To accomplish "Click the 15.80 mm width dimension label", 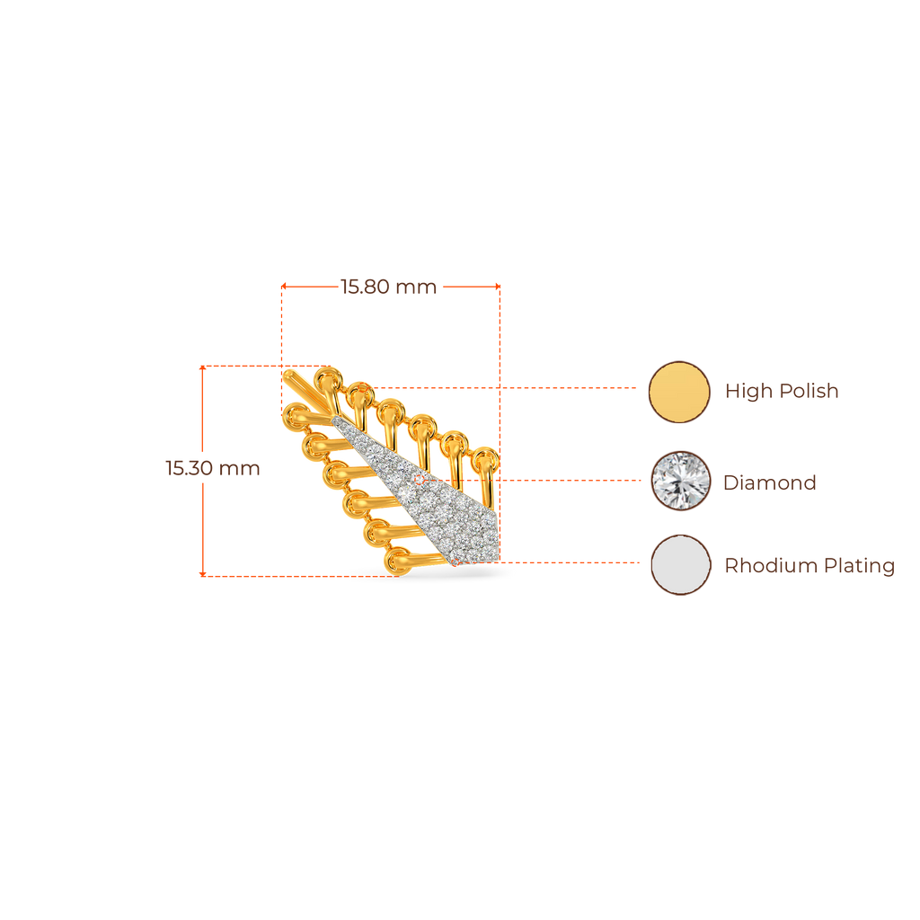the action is [x=388, y=287].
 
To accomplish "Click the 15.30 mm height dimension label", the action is [x=212, y=468].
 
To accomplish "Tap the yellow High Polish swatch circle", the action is [x=679, y=392].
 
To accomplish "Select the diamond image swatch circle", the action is [x=681, y=481].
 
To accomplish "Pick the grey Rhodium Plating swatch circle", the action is [x=681, y=564].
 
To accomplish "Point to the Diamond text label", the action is [x=769, y=482].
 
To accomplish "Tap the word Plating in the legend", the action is [x=859, y=566].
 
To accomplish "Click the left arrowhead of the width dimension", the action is [x=283, y=287].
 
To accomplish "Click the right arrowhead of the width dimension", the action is [x=498, y=287].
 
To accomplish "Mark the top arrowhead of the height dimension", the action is [x=202, y=367].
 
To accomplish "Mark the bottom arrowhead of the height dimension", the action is [x=202, y=574].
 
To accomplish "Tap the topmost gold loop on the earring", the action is [x=327, y=381].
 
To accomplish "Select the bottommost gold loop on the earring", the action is [x=399, y=562].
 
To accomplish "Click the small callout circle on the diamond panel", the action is [x=419, y=480].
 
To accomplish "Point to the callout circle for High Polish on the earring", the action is [x=363, y=388].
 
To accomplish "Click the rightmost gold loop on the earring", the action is [x=485, y=462].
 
